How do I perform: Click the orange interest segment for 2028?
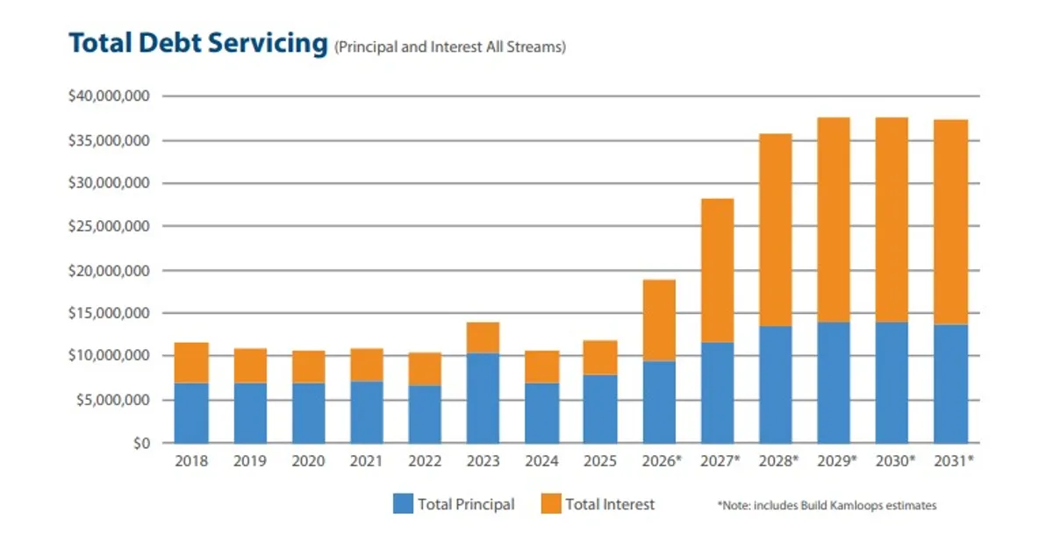click(775, 230)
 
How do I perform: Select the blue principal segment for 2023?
click(483, 398)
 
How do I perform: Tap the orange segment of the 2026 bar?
click(658, 320)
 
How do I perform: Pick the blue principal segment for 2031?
click(950, 384)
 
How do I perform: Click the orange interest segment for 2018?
click(191, 362)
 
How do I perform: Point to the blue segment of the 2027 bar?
click(717, 393)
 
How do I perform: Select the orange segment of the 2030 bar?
click(892, 219)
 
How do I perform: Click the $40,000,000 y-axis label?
click(109, 96)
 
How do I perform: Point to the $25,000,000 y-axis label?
click(109, 226)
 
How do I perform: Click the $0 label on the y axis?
click(142, 443)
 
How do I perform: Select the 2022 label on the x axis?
click(425, 461)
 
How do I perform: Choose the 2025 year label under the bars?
click(600, 461)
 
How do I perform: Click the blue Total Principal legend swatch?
click(402, 504)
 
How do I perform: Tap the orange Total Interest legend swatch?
click(549, 504)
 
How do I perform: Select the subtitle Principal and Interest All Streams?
click(449, 47)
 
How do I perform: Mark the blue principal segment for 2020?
click(308, 413)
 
